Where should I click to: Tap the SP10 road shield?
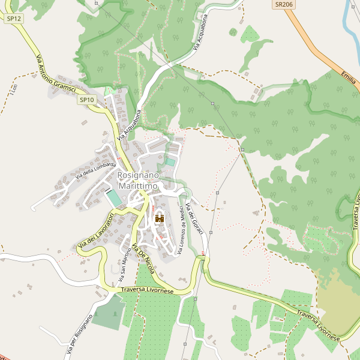[x=86, y=100]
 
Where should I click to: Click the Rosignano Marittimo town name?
[x=138, y=181]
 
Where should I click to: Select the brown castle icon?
[x=160, y=218]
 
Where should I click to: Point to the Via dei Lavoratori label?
[x=95, y=233]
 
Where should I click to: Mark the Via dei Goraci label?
[x=195, y=219]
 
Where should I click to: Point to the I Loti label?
[x=13, y=89]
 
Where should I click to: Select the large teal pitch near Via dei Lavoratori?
[x=113, y=197]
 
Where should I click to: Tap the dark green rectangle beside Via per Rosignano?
[x=109, y=312]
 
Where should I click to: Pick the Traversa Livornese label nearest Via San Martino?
[x=147, y=290]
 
